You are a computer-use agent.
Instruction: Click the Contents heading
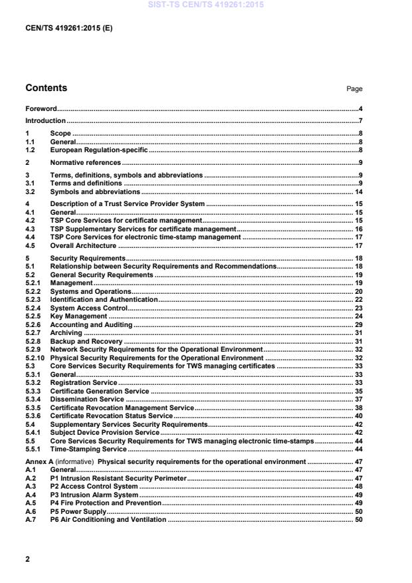point(46,88)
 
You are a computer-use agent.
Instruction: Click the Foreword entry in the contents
point(41,108)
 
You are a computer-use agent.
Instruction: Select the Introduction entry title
point(45,121)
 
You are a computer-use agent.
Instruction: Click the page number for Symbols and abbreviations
point(358,191)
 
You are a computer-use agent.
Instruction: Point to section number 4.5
point(30,245)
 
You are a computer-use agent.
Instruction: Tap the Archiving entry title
point(66,333)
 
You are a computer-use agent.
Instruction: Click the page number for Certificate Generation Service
point(358,392)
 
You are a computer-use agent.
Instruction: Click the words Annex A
point(39,461)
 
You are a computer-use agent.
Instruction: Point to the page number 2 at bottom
point(27,559)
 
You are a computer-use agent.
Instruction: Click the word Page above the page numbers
point(354,89)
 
